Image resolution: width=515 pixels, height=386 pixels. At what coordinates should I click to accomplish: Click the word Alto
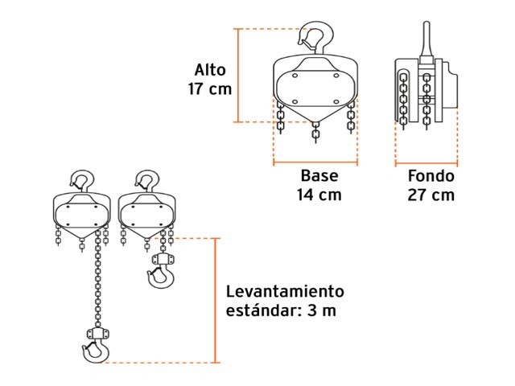[x=210, y=70]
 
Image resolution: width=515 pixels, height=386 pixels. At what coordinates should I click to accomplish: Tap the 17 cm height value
[x=210, y=89]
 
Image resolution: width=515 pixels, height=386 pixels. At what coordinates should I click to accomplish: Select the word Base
[x=319, y=175]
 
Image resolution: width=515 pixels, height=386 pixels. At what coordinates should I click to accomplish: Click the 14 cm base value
[x=319, y=195]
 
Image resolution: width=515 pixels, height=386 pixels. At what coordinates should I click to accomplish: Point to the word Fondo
[x=431, y=176]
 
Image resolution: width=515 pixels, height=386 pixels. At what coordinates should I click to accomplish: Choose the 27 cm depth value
[x=431, y=195]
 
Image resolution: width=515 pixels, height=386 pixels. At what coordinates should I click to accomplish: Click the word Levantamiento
[x=285, y=291]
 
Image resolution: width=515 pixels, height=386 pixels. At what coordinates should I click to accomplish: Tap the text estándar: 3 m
[x=281, y=310]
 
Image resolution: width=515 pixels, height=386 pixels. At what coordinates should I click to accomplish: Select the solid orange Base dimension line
[x=315, y=162]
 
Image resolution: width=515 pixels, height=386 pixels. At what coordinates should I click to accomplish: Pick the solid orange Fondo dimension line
[x=426, y=162]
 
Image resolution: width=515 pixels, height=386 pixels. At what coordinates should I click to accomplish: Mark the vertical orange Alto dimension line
[x=238, y=76]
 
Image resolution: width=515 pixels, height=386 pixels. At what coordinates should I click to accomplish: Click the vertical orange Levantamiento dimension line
[x=216, y=300]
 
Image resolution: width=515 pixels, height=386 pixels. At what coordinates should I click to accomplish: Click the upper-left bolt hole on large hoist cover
[x=295, y=76]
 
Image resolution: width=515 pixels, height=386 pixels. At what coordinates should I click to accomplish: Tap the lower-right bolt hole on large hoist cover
[x=336, y=102]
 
